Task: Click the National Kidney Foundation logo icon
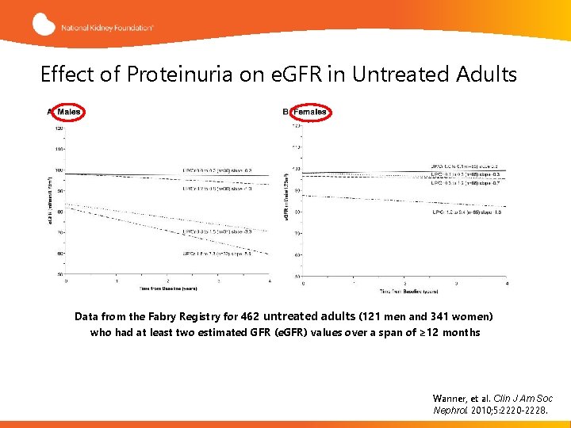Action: (44, 24)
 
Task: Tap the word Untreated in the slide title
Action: (398, 75)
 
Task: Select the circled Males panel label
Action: (68, 112)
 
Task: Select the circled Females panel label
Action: (309, 112)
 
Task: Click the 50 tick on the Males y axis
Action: (59, 274)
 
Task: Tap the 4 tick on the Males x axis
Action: (270, 281)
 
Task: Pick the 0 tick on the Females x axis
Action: (304, 283)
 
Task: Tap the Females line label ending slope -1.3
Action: (469, 212)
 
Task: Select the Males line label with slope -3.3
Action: (217, 231)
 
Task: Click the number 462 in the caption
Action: (249, 316)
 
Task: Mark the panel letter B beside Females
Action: (285, 112)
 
